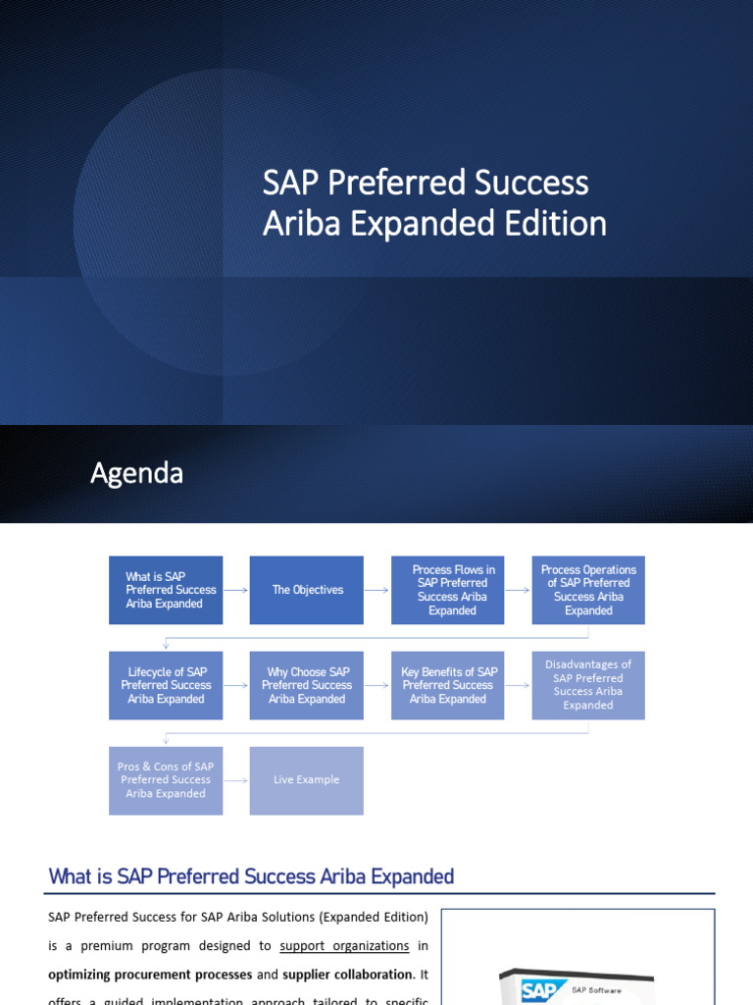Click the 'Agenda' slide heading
(136, 473)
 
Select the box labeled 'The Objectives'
(307, 590)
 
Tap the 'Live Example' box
(307, 780)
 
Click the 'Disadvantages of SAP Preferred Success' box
(588, 685)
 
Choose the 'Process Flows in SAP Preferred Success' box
(448, 590)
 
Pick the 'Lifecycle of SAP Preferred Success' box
(166, 685)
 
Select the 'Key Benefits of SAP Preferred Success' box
(448, 685)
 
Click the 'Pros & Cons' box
(166, 780)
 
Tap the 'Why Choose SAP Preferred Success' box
(307, 685)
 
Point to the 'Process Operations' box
(588, 590)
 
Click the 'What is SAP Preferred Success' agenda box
(166, 590)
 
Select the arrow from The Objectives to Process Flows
(377, 590)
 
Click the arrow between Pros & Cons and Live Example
(236, 780)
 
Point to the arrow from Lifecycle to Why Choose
(236, 685)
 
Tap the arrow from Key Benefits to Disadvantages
(519, 685)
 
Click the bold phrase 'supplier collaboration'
(346, 975)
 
